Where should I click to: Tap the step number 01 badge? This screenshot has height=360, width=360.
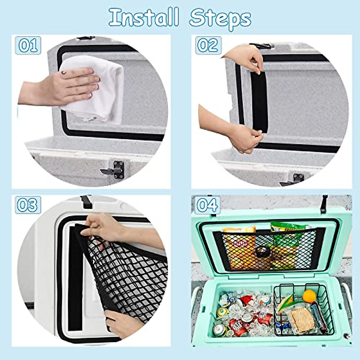pyautogui.click(x=28, y=46)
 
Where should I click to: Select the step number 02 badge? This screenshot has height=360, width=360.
pyautogui.click(x=208, y=46)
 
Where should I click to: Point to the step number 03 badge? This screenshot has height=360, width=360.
pyautogui.click(x=28, y=205)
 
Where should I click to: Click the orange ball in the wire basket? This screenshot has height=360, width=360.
pyautogui.click(x=309, y=296)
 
